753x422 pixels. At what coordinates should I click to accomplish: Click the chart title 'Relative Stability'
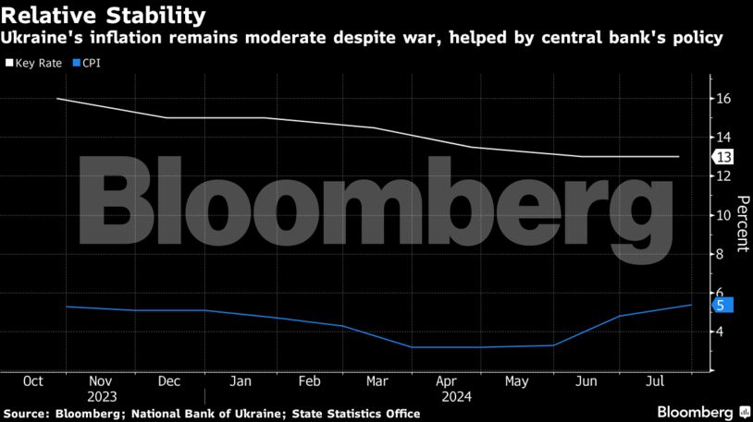103,16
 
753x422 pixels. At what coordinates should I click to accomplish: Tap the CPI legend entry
86,65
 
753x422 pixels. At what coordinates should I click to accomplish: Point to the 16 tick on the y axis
723,99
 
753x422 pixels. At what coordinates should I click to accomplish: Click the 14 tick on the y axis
723,138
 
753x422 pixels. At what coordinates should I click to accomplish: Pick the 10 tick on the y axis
723,215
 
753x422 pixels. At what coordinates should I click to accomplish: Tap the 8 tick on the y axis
723,254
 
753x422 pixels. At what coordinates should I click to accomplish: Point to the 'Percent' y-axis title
742,224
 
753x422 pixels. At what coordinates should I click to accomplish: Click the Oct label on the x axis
33,380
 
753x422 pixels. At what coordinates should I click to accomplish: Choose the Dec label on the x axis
168,380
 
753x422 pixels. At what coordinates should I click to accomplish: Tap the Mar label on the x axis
376,380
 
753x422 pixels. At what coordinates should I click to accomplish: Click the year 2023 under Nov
101,395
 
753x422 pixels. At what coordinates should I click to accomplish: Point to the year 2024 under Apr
445,395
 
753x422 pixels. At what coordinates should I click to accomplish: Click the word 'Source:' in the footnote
31,412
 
